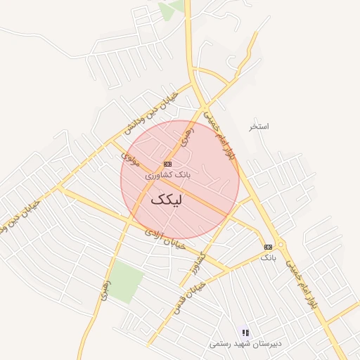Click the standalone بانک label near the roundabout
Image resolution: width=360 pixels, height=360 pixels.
point(269,258)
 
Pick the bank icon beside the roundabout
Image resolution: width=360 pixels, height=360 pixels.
point(268,247)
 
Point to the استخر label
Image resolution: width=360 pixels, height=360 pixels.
point(259,127)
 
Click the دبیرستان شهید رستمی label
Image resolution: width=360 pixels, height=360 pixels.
point(245,344)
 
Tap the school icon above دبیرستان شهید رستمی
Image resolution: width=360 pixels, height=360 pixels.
point(245,333)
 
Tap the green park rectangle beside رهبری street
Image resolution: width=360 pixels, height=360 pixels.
point(126,281)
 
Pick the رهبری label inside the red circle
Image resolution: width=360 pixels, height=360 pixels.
point(186,138)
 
